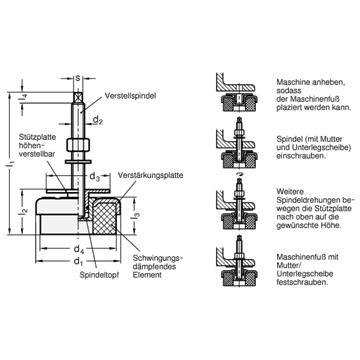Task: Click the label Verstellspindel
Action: [130, 96]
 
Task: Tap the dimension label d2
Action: [98, 120]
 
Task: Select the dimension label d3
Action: [94, 178]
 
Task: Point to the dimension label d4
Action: [77, 249]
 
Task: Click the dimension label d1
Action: [78, 261]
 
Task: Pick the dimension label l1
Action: [12, 163]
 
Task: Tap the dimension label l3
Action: [136, 215]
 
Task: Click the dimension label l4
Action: [24, 98]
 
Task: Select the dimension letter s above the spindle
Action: [78, 79]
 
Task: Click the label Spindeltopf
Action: [99, 275]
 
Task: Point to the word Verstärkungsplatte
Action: [151, 175]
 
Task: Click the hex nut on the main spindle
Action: [78, 145]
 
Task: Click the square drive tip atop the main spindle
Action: [78, 97]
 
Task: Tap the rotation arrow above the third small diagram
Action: [239, 175]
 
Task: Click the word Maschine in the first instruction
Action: [291, 82]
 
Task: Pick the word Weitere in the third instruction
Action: [288, 192]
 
